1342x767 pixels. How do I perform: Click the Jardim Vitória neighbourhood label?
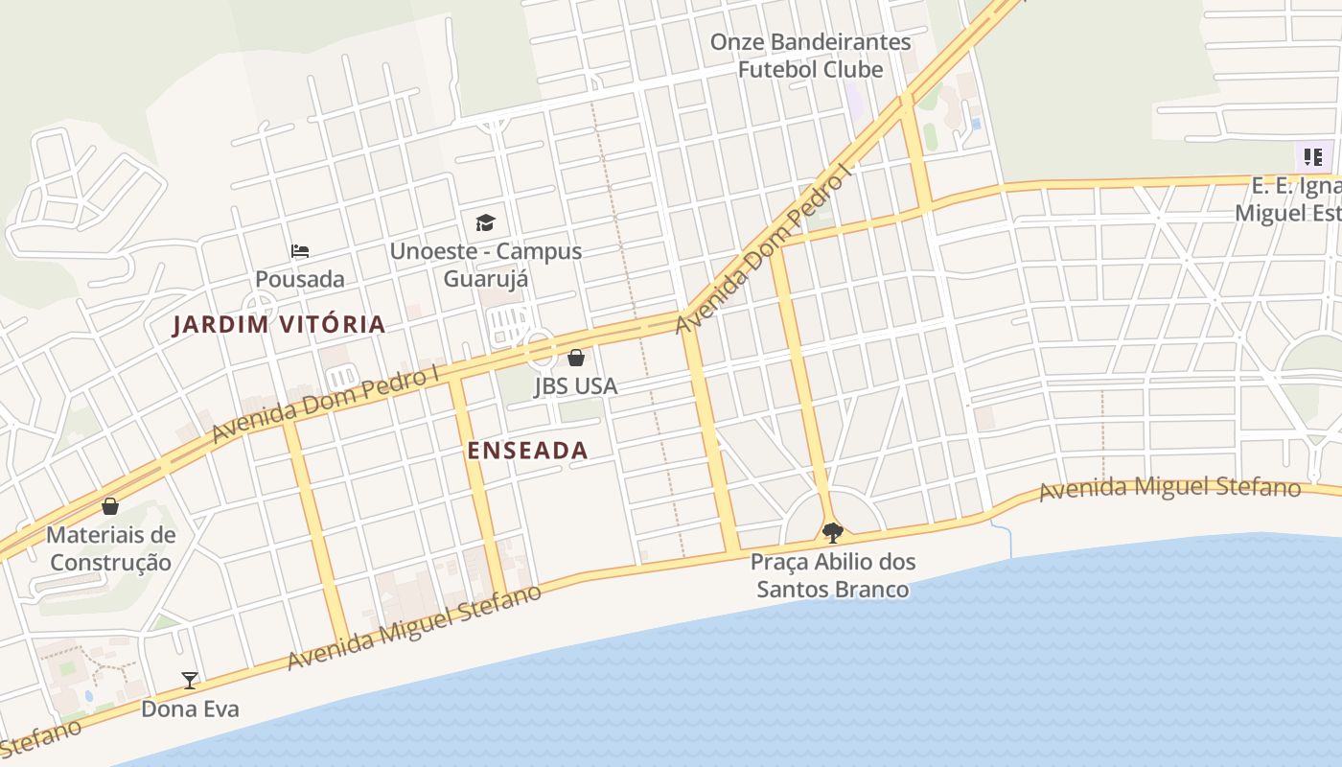(x=279, y=325)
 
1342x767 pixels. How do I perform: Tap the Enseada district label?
(x=527, y=451)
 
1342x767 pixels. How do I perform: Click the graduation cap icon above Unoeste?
(x=485, y=223)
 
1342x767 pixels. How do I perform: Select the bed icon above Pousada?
(x=300, y=252)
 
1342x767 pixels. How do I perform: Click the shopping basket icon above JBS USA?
(x=575, y=359)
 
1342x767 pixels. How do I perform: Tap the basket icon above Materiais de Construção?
(x=110, y=506)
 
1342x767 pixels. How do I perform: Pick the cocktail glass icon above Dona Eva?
(x=190, y=681)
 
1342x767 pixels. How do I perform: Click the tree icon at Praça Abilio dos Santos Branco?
(x=832, y=532)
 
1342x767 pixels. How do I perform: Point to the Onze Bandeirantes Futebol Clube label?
(x=810, y=56)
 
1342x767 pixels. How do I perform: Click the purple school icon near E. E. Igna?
(x=1311, y=156)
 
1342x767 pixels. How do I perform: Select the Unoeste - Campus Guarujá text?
(x=485, y=265)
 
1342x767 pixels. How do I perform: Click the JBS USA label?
(x=575, y=386)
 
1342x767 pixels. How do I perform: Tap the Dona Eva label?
(x=190, y=709)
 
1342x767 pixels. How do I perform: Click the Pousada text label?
(x=300, y=279)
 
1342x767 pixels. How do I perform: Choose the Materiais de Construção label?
(x=110, y=548)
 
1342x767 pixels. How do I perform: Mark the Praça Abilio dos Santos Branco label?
(x=832, y=575)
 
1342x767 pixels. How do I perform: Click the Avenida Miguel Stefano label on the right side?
(x=1169, y=488)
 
